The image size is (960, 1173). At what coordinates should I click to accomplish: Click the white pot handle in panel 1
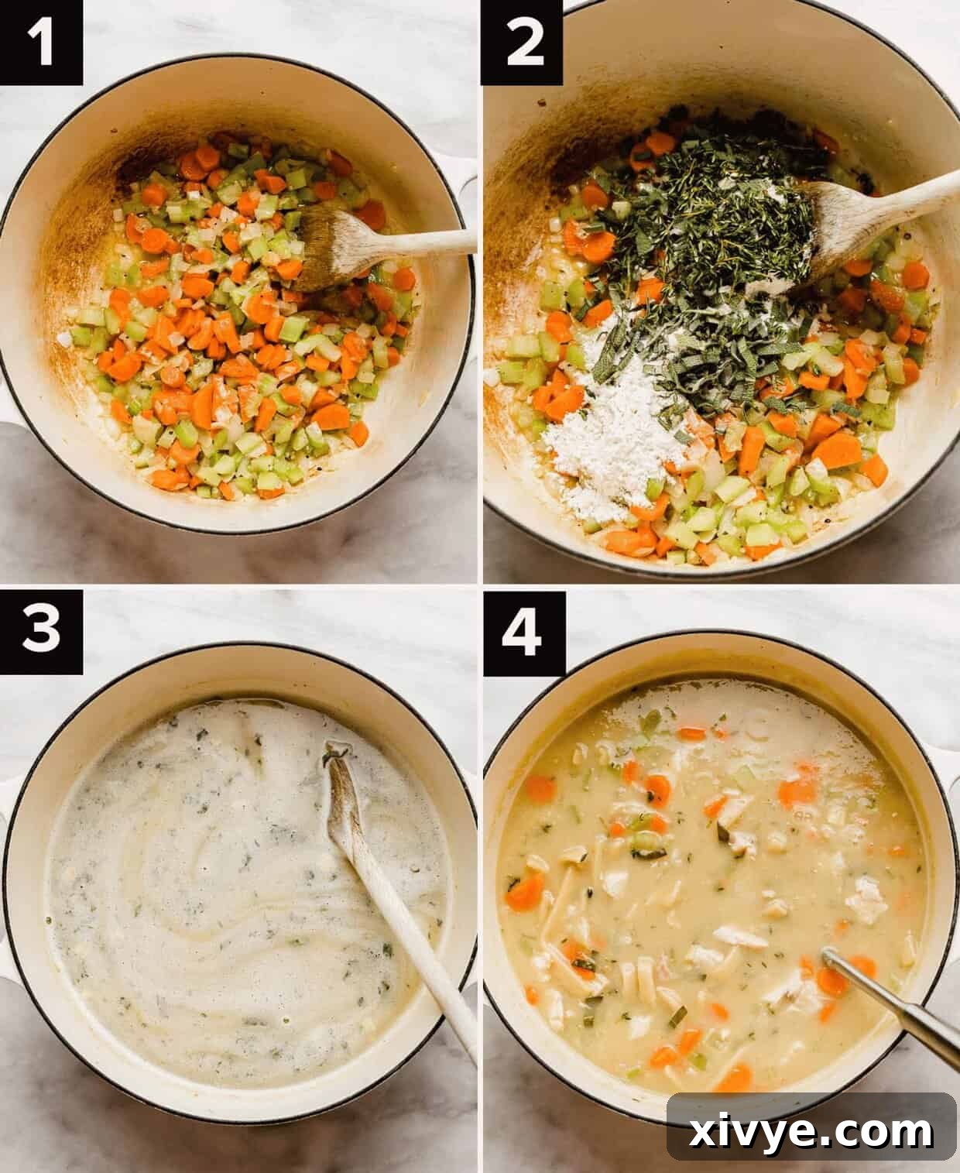tap(468, 186)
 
